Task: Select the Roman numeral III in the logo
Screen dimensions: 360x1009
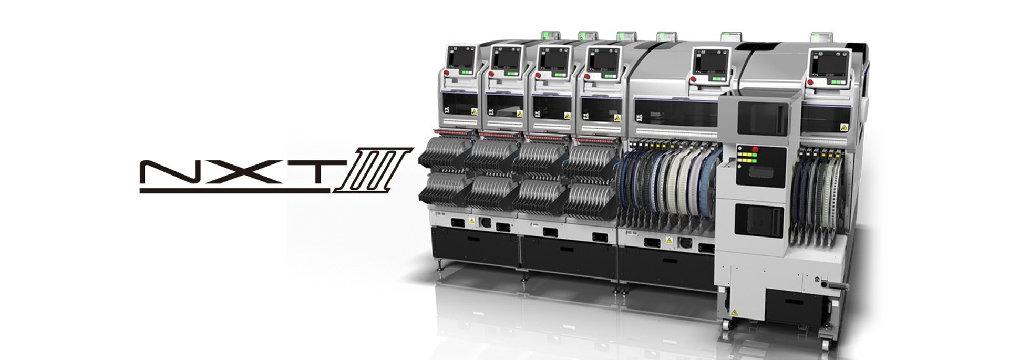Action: click(x=373, y=170)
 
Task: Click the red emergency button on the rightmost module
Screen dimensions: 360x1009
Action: click(x=810, y=82)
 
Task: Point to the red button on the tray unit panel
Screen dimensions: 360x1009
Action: click(x=755, y=150)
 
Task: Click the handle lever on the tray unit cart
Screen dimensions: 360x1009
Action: click(x=836, y=286)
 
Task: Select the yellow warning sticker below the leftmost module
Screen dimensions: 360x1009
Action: click(x=471, y=221)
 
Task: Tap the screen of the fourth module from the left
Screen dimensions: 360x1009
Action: click(x=602, y=61)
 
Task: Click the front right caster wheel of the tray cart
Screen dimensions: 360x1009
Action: click(x=826, y=344)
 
